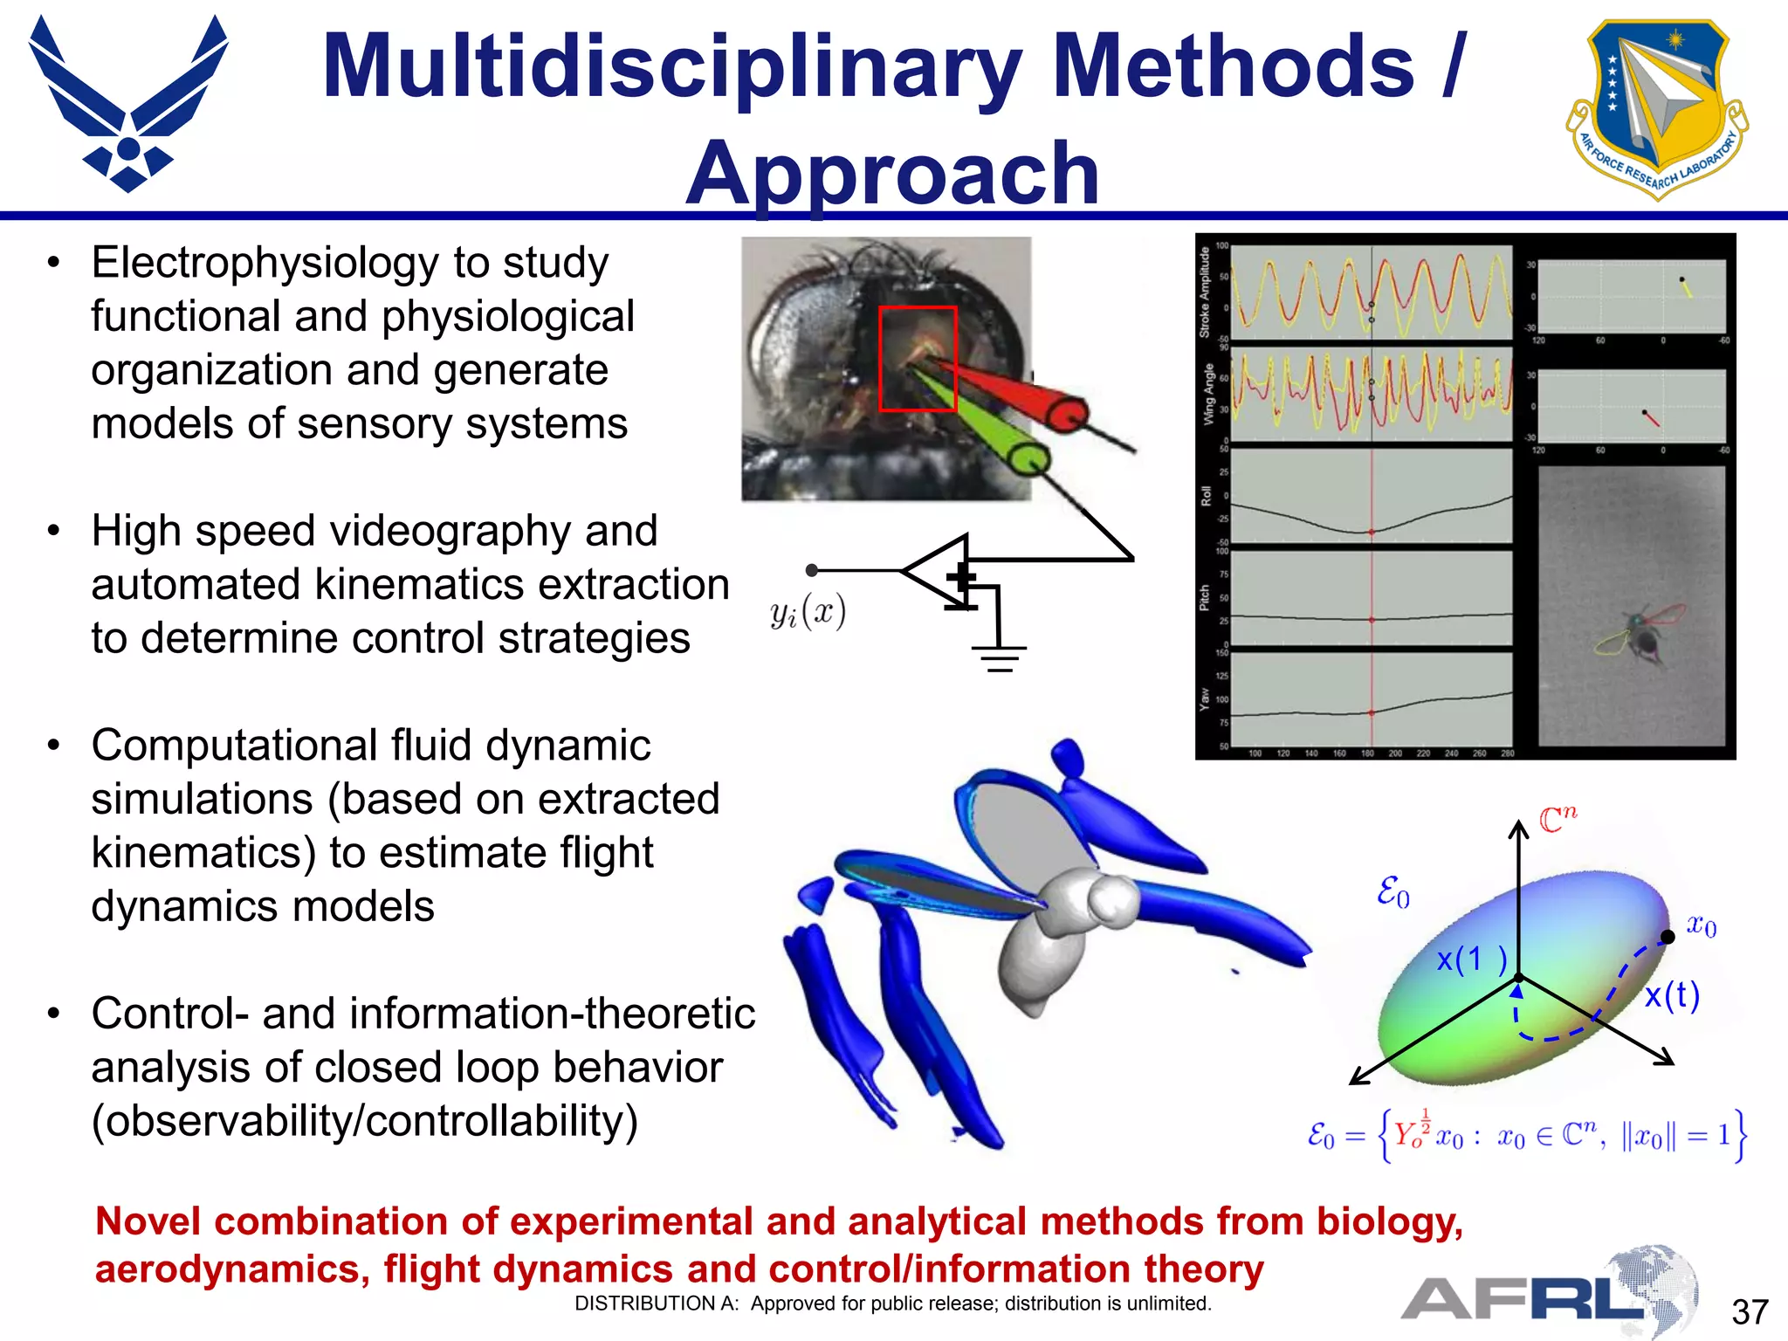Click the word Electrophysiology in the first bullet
coord(265,264)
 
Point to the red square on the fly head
coord(917,358)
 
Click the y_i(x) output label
coord(808,612)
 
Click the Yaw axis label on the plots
coord(1205,698)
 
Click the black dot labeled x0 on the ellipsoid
coord(1668,937)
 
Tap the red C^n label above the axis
coord(1558,819)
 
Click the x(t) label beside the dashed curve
coord(1671,995)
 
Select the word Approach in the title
coord(892,175)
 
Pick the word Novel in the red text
coord(148,1221)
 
